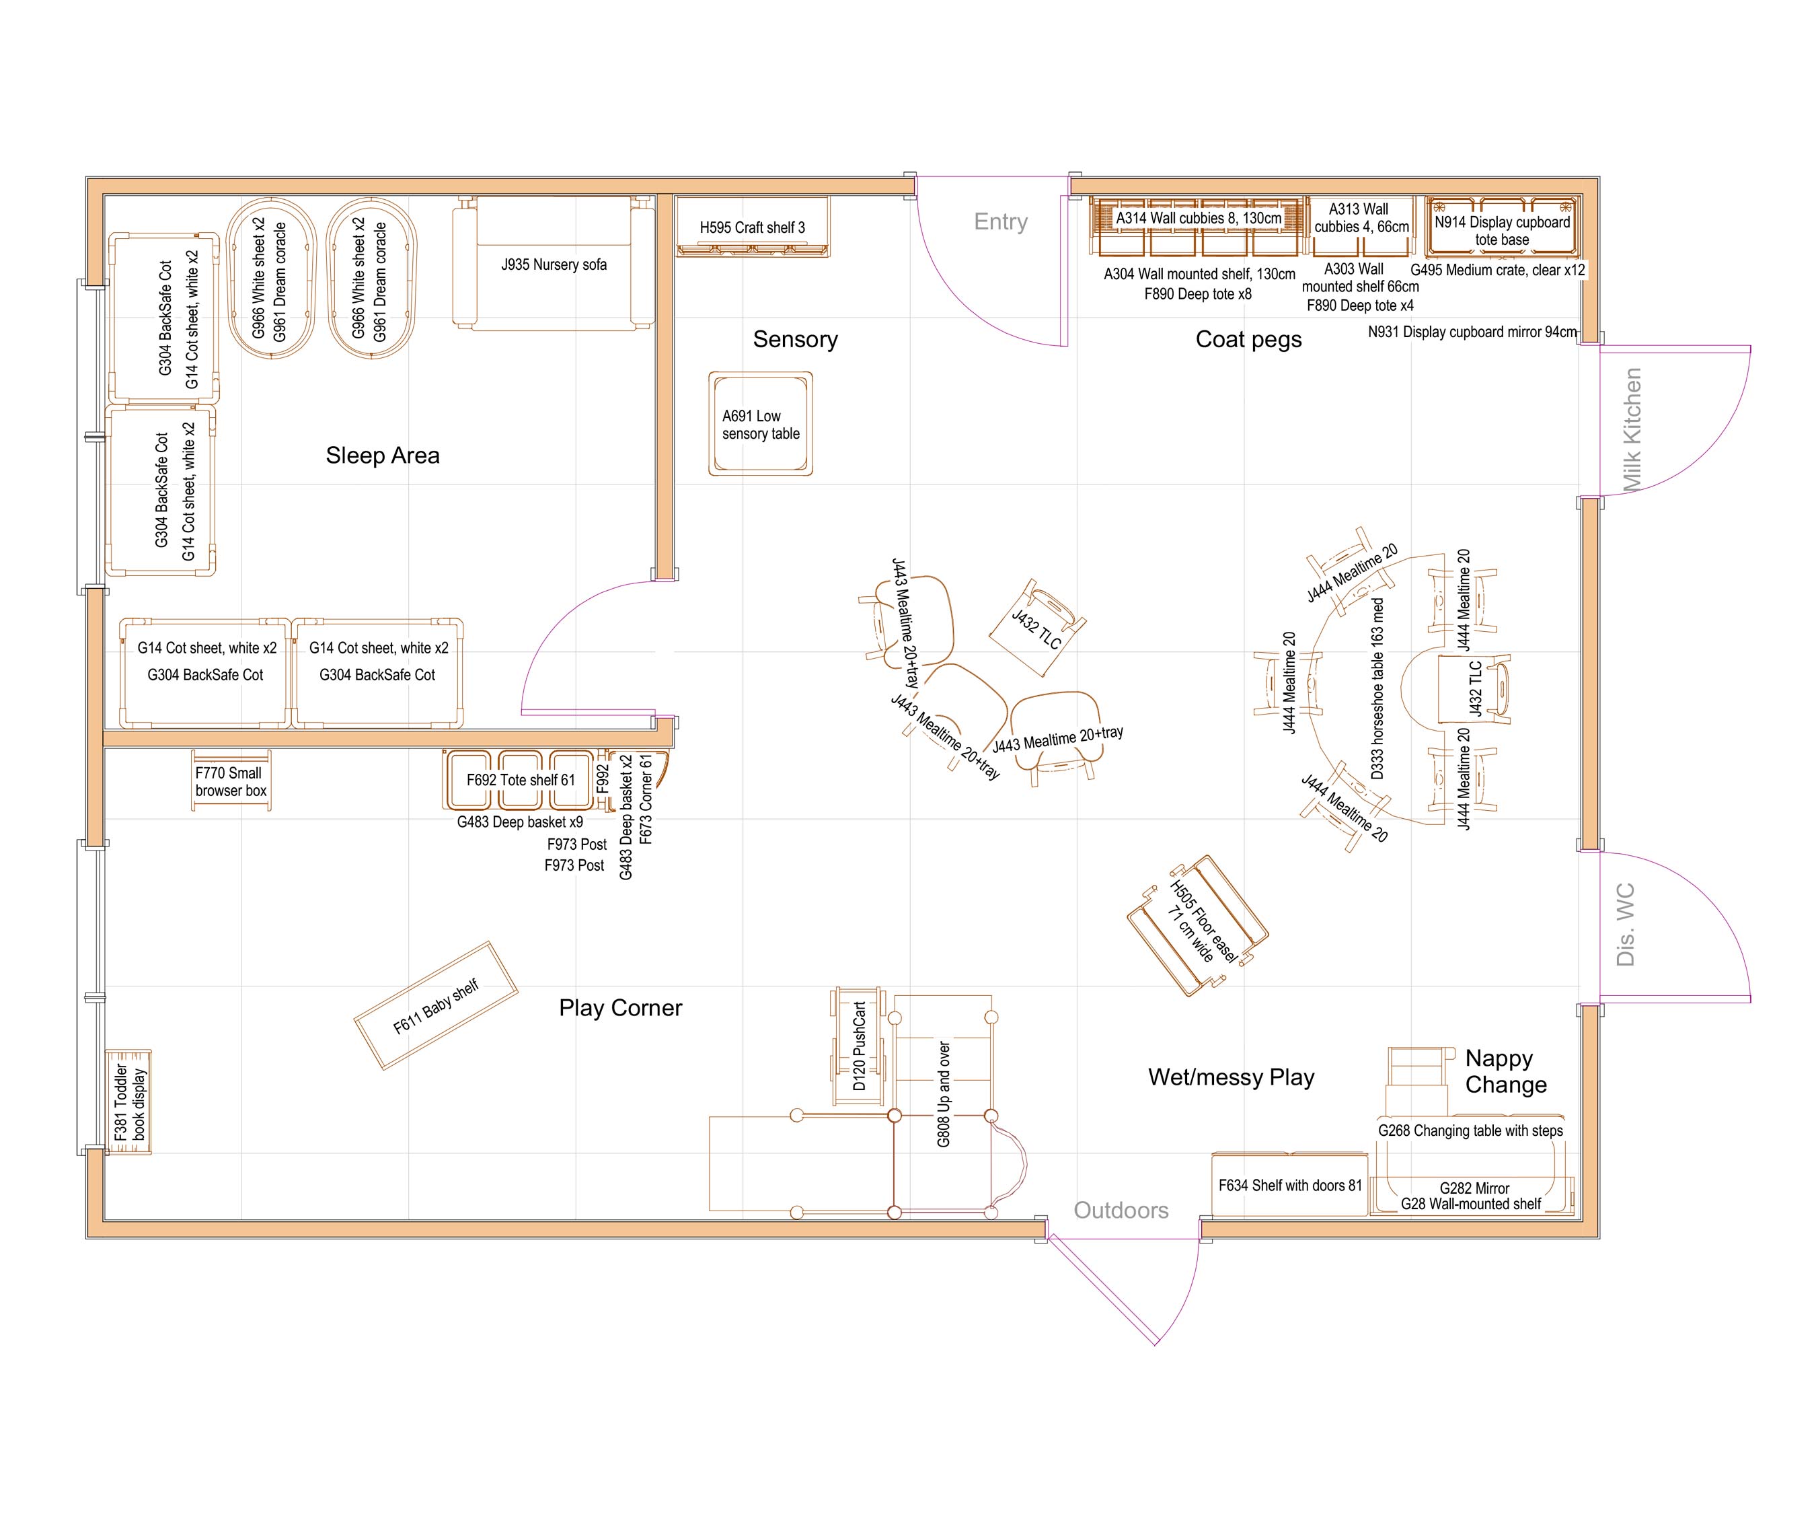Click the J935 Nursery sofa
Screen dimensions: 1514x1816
pos(554,264)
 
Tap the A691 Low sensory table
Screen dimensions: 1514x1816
pos(760,424)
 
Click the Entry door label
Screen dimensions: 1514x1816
pos(1001,221)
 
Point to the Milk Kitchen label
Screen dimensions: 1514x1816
pos(1631,430)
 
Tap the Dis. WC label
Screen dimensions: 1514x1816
pos(1625,924)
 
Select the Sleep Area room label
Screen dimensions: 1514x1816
pos(382,455)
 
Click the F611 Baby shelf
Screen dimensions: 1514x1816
pos(436,1006)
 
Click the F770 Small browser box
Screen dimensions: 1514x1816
pos(231,781)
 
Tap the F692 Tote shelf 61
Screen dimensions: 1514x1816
pos(520,779)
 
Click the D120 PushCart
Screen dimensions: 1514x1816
pos(858,1045)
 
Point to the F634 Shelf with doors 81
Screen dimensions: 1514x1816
pos(1289,1185)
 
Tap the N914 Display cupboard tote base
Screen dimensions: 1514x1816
pos(1502,230)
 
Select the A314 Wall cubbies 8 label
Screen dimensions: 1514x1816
pos(1199,218)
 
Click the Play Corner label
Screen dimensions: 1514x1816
pos(620,1008)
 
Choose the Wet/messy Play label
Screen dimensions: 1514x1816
pos(1231,1077)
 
